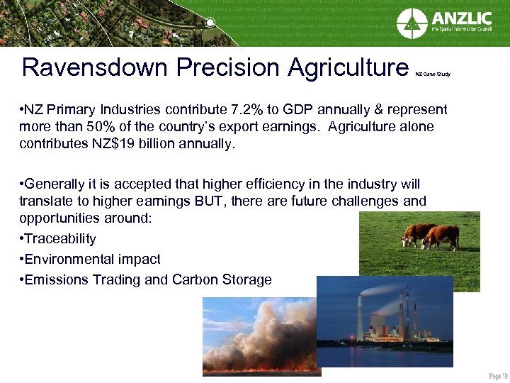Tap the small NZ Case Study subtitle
432,74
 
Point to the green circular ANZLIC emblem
412,23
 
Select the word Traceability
60,239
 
